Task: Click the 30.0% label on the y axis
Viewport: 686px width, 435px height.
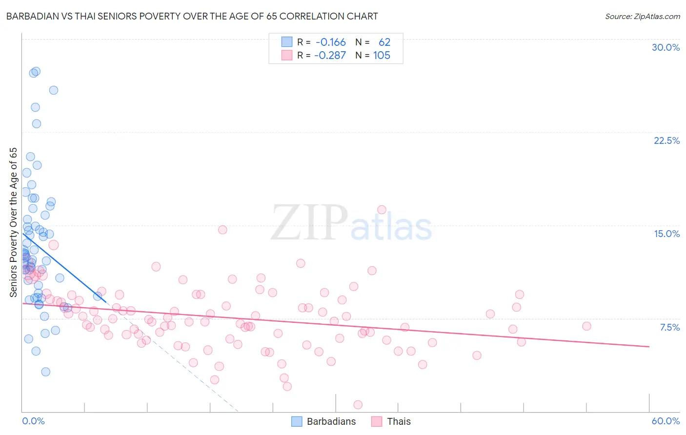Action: click(666, 47)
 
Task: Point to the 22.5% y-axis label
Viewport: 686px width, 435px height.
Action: click(666, 140)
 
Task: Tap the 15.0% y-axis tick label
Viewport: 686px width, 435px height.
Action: click(666, 234)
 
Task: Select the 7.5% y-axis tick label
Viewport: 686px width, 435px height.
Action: click(669, 327)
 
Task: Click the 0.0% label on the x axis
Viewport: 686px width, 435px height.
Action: click(33, 421)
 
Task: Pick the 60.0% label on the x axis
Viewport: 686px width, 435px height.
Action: click(666, 421)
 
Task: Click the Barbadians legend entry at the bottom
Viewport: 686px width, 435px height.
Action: click(324, 421)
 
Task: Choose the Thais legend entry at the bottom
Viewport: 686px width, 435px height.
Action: click(391, 421)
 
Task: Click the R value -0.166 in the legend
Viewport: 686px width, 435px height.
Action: click(330, 42)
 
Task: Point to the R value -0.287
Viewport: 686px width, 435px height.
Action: click(330, 56)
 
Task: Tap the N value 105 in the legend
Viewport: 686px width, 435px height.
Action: click(382, 56)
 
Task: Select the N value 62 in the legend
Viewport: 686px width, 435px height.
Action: click(384, 42)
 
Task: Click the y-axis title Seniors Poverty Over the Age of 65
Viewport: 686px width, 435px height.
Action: click(13, 222)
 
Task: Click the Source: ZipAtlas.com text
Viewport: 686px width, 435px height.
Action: click(642, 16)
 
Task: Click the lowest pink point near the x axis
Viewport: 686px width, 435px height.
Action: click(358, 405)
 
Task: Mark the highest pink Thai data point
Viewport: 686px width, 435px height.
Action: click(382, 210)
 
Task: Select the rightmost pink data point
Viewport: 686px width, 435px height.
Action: click(586, 326)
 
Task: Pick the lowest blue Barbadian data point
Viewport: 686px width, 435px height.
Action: click(45, 372)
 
